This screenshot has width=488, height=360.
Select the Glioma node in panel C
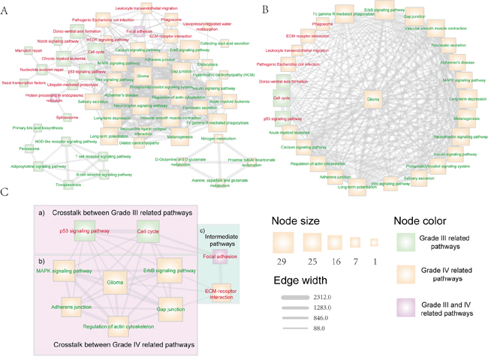pos(115,282)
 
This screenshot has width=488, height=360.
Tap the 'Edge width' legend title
pos(300,280)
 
